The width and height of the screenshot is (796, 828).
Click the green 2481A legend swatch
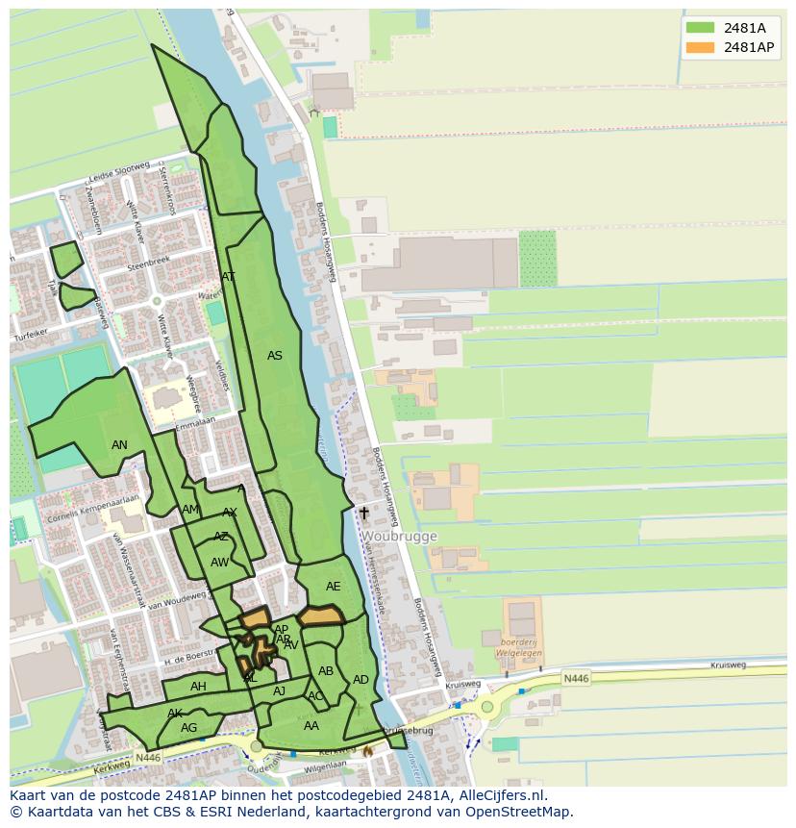coord(700,28)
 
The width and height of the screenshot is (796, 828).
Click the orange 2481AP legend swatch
coord(700,47)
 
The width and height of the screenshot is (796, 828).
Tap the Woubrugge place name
coord(399,537)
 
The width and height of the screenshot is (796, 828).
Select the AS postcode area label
coord(275,356)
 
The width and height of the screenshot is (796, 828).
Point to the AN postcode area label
coord(119,445)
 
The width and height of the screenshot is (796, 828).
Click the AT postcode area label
coord(228,277)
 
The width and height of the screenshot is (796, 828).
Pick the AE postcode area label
coord(333,587)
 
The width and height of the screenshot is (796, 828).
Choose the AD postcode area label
coord(361,680)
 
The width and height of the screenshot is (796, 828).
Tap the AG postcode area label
coord(188,728)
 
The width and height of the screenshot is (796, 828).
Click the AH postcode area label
coord(198,687)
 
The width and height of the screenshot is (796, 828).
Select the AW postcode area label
coord(220,563)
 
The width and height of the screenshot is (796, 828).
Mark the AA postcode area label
coord(311,726)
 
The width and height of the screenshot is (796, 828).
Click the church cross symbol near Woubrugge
coord(364,514)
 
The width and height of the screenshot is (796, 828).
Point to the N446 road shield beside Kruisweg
coord(575,679)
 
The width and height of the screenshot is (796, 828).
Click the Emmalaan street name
coord(195,422)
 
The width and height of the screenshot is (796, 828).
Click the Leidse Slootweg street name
coord(118,173)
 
